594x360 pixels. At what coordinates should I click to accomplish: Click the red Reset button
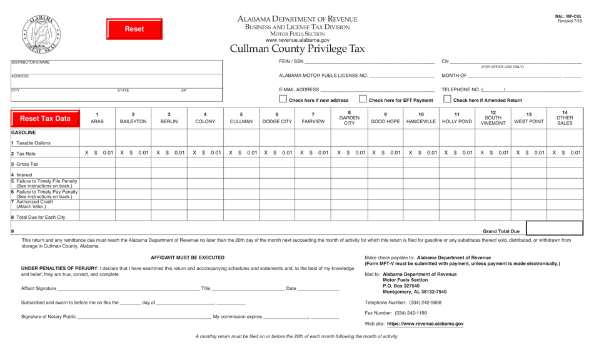click(134, 29)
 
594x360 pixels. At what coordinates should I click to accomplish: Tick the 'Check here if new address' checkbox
click(283, 99)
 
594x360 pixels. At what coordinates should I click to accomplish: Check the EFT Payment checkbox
click(363, 99)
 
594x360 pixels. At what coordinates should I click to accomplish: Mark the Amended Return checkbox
click(446, 99)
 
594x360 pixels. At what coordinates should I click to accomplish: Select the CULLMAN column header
click(241, 118)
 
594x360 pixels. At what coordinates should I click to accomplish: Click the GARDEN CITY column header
click(349, 118)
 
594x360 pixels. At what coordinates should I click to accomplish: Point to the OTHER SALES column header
click(565, 118)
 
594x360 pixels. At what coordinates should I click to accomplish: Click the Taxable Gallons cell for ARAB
click(97, 142)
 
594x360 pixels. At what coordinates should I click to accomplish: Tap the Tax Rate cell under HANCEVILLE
click(420, 153)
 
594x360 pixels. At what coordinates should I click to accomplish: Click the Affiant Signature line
click(128, 288)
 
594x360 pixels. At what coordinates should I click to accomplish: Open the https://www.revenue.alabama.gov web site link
click(425, 324)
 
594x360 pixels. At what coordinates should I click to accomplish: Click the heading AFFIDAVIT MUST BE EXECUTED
click(188, 257)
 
